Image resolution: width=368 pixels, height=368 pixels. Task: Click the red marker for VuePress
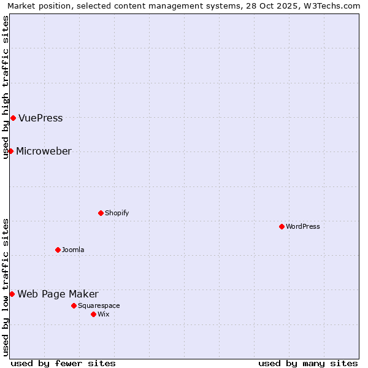pos(13,118)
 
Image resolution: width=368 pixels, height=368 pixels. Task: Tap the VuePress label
pos(40,118)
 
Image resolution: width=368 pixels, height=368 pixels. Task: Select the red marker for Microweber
pos(10,151)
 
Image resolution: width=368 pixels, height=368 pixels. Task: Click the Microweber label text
pos(44,151)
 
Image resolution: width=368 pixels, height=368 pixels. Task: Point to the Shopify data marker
pos(101,213)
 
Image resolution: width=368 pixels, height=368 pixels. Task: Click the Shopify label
pos(117,213)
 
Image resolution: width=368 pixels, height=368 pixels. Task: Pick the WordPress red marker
pos(282,226)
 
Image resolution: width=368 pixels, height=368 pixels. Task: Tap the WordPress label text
pos(302,227)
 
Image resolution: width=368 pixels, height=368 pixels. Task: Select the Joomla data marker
pos(58,250)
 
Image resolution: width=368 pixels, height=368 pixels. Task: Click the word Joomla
pos(73,250)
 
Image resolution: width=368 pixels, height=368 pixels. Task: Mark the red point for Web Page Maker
pos(12,294)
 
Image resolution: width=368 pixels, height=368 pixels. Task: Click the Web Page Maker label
pos(58,294)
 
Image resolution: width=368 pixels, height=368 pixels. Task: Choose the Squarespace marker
pos(74,305)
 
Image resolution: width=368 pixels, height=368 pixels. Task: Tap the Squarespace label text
pos(99,306)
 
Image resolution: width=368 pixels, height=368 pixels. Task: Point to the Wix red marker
pos(93,314)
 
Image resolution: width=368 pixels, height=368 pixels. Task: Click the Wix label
pos(104,315)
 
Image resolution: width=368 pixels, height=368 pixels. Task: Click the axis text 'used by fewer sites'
pos(63,363)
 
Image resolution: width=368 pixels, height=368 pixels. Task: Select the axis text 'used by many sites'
pos(308,363)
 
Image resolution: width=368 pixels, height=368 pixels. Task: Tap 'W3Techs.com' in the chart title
pos(334,6)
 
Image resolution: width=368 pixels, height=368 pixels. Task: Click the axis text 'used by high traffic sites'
pos(6,87)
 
